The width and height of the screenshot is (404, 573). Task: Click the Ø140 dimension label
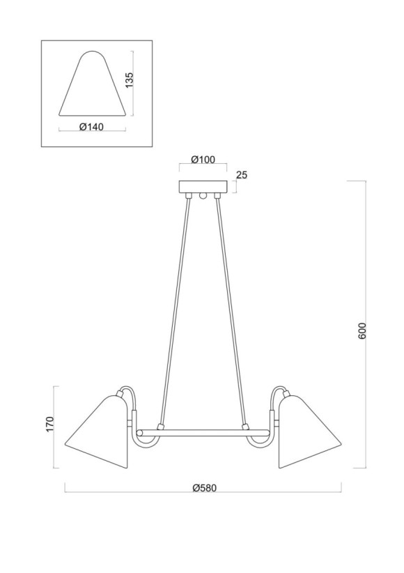(93, 127)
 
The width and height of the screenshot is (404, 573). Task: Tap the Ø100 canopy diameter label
(203, 160)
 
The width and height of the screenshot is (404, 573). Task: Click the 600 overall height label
(361, 331)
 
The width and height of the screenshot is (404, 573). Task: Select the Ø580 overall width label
(203, 487)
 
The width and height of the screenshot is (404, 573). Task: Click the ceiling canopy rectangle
(203, 187)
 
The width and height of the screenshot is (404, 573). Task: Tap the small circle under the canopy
(203, 197)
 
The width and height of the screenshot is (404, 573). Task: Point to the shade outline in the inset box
(93, 87)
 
